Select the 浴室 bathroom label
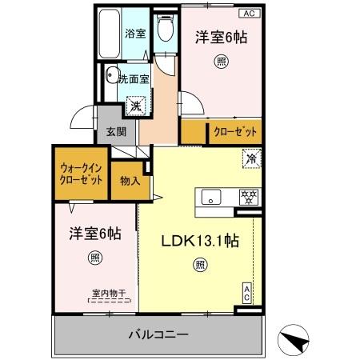tap(134, 34)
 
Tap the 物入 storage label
tap(130, 180)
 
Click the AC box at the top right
tap(248, 14)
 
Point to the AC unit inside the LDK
tap(248, 294)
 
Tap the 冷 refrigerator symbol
tap(251, 159)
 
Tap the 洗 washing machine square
tap(135, 105)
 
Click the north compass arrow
tap(294, 342)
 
